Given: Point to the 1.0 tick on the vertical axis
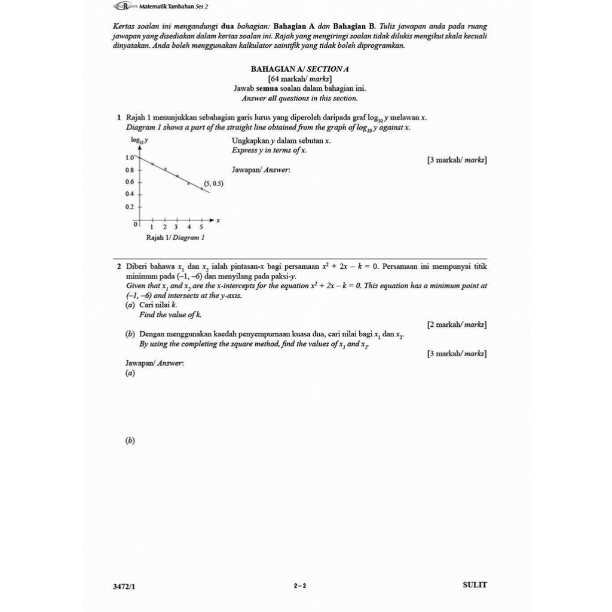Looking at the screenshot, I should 130,157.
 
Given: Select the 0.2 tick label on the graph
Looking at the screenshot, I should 130,207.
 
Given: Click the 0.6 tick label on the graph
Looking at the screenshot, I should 130,182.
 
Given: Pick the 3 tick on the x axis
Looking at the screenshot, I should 176,227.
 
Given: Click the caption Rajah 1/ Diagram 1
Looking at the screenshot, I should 176,237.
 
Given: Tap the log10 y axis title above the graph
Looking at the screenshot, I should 140,140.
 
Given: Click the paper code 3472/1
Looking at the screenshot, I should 124,586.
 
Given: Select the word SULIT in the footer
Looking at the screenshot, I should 475,585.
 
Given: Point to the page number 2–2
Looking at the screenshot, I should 300,586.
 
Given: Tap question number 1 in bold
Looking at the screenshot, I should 120,118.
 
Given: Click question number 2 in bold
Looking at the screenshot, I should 120,267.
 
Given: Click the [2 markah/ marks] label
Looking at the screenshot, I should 457,325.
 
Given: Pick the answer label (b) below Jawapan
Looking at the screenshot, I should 130,440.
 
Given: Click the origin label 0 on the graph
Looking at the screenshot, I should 136,224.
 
